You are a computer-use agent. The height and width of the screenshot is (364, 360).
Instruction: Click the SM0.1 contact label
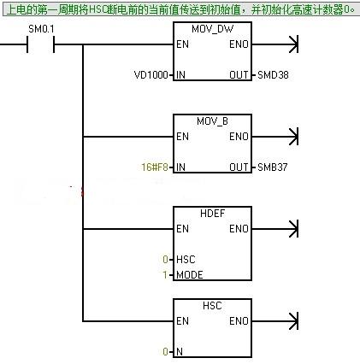point(41,29)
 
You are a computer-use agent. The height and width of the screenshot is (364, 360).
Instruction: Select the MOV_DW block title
point(212,29)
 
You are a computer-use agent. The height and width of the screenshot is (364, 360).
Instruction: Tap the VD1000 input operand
point(151,75)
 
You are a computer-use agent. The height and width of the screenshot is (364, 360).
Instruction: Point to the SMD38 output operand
point(273,75)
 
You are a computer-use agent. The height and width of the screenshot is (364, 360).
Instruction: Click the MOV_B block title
point(212,121)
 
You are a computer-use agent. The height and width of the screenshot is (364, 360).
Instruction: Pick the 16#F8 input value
point(155,167)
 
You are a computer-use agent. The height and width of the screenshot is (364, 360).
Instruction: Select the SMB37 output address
point(273,167)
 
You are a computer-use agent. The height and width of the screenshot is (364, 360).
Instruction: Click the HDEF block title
point(212,214)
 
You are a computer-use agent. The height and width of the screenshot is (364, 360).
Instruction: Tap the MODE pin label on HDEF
point(190,275)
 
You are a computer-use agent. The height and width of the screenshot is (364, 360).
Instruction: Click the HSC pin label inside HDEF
point(186,260)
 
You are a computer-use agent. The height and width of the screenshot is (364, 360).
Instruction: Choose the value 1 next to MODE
point(165,275)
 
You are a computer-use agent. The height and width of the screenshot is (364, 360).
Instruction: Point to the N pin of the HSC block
point(180,352)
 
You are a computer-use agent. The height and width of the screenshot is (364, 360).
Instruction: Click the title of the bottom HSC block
point(212,306)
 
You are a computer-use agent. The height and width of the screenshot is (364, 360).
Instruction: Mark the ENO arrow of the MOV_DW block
point(275,44)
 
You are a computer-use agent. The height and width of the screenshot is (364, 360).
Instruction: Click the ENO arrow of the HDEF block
point(275,229)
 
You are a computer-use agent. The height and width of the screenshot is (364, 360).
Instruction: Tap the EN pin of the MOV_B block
point(182,137)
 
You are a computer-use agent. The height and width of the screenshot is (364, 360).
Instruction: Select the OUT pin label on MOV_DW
point(239,75)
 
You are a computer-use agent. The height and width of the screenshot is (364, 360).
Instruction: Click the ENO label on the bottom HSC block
point(239,321)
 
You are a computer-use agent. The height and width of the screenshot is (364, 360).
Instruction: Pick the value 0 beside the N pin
point(165,352)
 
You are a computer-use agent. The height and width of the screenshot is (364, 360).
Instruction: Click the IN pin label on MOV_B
point(180,167)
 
